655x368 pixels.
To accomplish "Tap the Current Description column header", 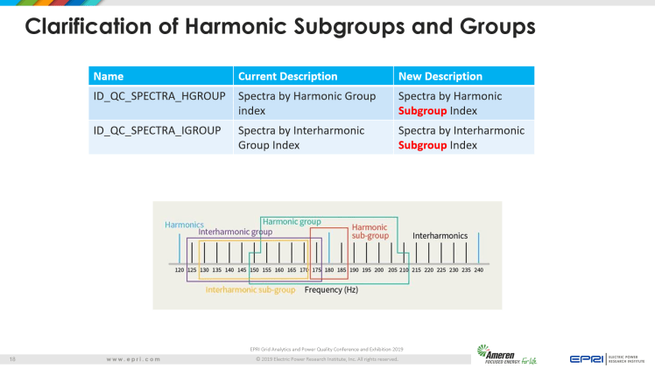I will [287, 76].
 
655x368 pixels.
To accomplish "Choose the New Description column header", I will [440, 76].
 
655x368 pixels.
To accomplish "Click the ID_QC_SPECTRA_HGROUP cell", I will [159, 95].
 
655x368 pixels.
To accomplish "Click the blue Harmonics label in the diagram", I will [184, 225].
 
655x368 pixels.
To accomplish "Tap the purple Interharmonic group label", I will [235, 233].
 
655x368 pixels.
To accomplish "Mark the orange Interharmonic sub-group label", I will [250, 289].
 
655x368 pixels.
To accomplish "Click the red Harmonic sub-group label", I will [370, 232].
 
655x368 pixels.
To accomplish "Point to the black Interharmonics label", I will [440, 236].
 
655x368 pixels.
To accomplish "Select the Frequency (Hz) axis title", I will [331, 289].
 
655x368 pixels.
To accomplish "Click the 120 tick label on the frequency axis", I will [180, 271].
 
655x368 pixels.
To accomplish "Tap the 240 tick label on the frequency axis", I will [478, 271].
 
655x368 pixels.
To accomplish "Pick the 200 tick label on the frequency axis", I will [379, 271].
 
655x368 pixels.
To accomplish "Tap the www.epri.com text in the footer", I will [133, 359].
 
